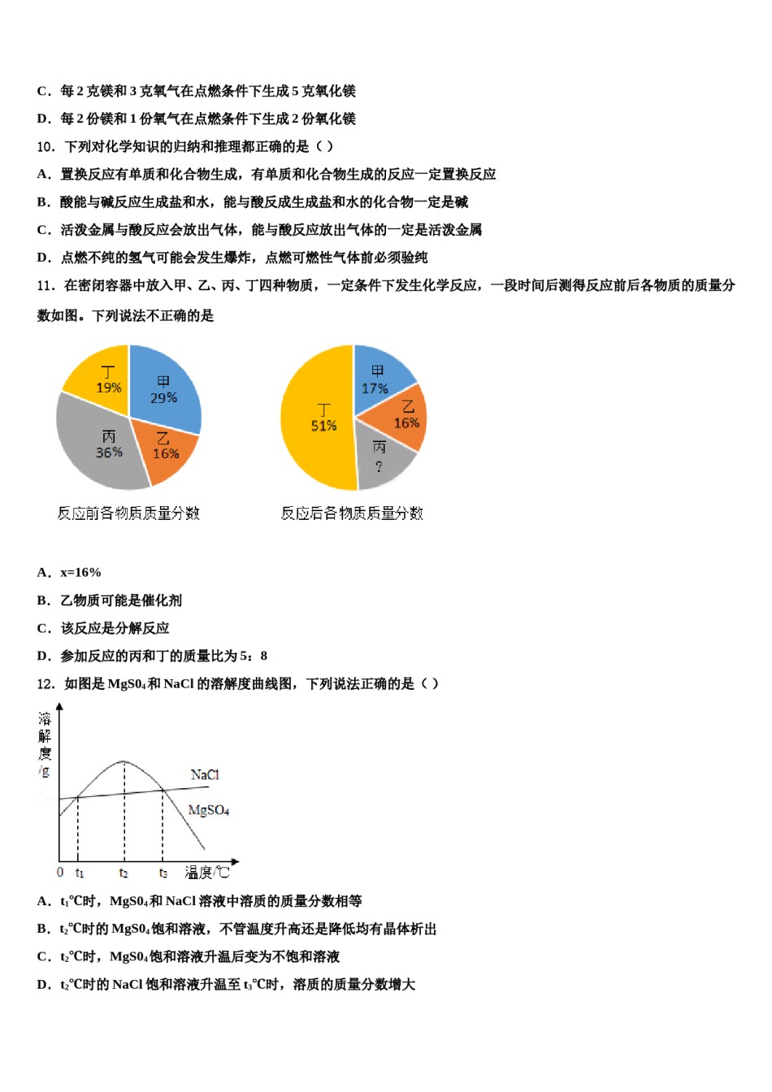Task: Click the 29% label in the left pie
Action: pos(163,398)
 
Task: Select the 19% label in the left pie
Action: pos(109,388)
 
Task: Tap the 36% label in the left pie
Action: pos(109,453)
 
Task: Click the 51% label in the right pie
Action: pos(323,426)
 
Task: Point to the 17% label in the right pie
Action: pos(375,388)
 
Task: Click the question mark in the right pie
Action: pos(379,466)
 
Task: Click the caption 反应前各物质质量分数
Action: pos(128,513)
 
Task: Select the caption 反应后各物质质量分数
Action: pos(352,513)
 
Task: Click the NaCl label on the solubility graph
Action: pos(205,774)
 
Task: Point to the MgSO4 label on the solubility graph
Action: pos(209,810)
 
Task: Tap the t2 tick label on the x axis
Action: pos(124,873)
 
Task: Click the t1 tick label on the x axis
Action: pos(80,873)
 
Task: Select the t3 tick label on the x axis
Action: pos(163,873)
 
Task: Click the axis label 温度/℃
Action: pos(207,872)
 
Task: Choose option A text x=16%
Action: pos(80,573)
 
